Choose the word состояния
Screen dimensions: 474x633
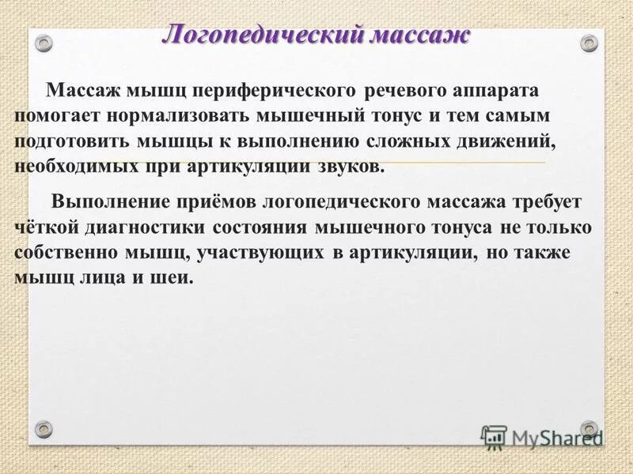pos(262,228)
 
